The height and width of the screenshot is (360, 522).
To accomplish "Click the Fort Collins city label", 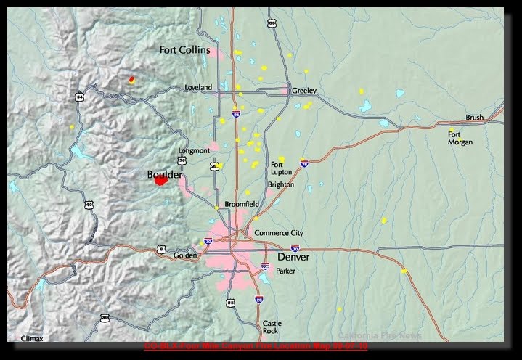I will [184, 49].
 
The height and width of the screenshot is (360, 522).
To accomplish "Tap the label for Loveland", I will [197, 88].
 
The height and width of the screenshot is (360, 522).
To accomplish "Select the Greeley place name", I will [304, 91].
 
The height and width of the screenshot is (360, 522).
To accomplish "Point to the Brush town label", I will [474, 118].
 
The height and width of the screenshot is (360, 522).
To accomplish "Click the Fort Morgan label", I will [460, 138].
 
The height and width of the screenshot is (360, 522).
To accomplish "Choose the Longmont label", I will [194, 151].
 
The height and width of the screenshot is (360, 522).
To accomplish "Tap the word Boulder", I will [165, 175].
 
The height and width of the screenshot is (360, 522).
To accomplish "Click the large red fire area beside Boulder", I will [160, 181].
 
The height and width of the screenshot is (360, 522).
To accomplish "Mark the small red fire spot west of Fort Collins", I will [131, 79].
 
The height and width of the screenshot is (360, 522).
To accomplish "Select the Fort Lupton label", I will [281, 168].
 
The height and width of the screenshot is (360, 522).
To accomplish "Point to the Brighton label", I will [280, 185].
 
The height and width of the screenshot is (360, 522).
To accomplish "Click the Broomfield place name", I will [241, 205].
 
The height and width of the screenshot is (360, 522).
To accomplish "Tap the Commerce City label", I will [279, 233].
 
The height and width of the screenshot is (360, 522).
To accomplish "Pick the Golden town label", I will [185, 256].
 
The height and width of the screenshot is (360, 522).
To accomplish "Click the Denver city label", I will [293, 257].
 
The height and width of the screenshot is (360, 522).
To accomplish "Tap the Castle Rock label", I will [271, 327].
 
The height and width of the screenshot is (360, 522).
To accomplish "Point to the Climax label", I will [32, 338].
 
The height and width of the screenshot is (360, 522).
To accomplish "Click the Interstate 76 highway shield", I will [306, 165].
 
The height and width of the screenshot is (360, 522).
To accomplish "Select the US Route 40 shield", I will [89, 205].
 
